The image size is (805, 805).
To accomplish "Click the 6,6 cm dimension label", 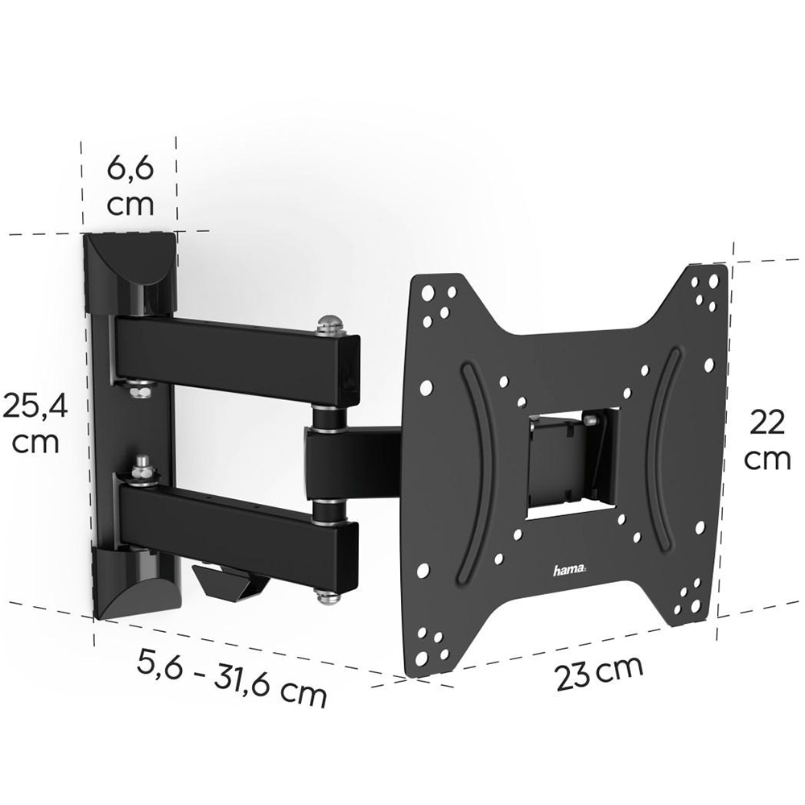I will click(x=130, y=186).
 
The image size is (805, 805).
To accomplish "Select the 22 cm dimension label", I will click(x=766, y=440).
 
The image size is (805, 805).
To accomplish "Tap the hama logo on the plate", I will click(x=571, y=570).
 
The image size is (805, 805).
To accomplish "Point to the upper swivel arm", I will click(x=233, y=354).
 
